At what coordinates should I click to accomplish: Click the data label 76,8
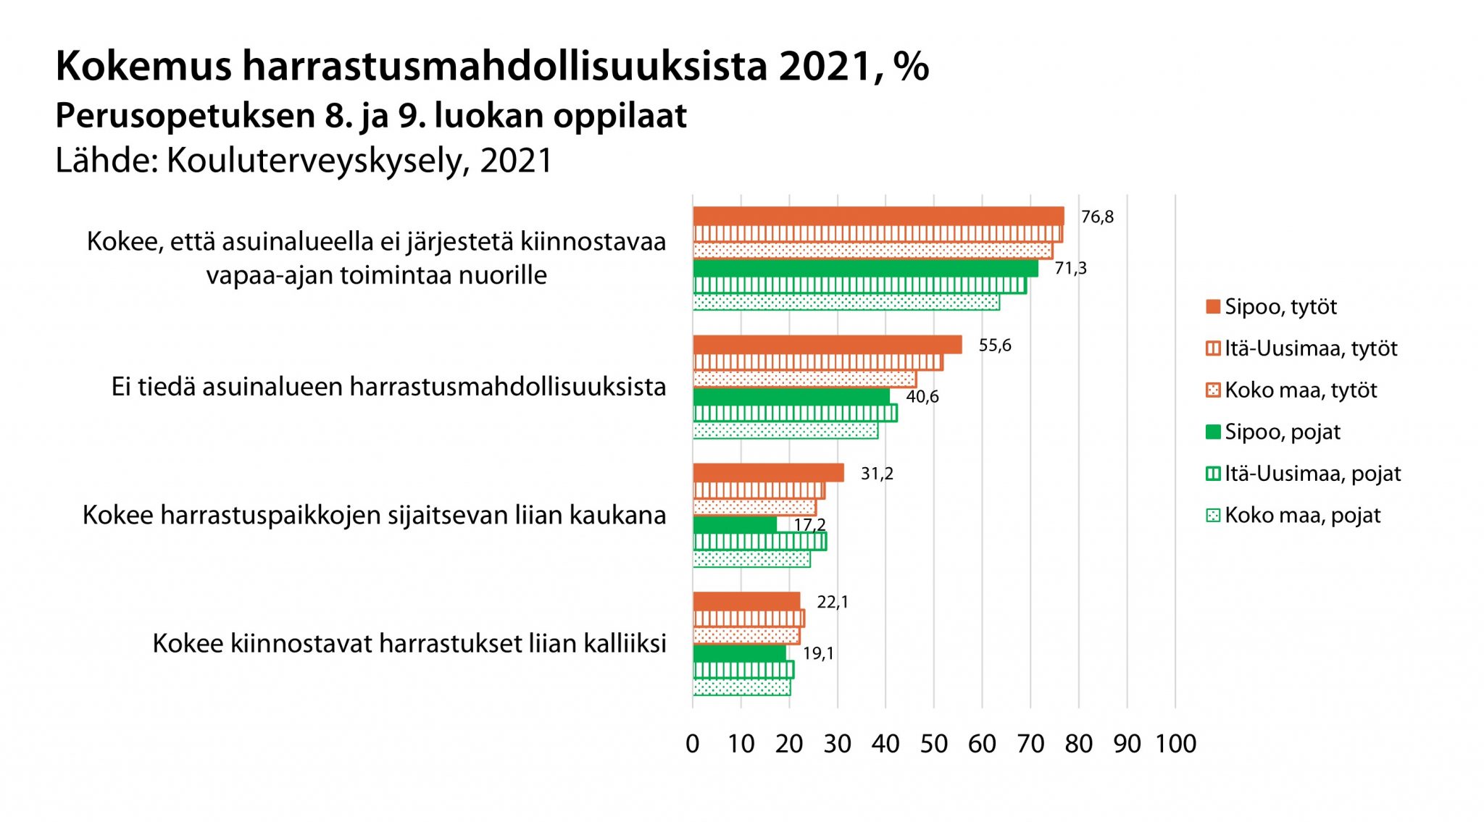click(x=1097, y=217)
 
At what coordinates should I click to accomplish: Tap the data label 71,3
click(x=1070, y=269)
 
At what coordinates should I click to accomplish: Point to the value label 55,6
click(x=994, y=345)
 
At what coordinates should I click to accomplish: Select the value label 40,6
click(x=922, y=397)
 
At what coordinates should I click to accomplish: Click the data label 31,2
click(x=877, y=474)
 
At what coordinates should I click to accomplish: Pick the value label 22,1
click(x=832, y=602)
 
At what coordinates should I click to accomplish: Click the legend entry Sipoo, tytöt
click(x=1280, y=307)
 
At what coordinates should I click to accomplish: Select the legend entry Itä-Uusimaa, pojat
click(x=1312, y=474)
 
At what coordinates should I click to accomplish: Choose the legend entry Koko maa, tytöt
click(x=1301, y=390)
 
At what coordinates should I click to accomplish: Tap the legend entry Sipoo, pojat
click(x=1282, y=432)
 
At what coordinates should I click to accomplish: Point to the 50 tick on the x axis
click(x=933, y=744)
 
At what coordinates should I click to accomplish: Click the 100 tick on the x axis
click(x=1175, y=744)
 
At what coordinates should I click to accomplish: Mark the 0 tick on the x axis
click(x=693, y=744)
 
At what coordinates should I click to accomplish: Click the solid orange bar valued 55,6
click(x=827, y=345)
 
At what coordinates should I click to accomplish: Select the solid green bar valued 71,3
click(x=865, y=269)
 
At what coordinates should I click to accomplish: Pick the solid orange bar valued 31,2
click(x=768, y=473)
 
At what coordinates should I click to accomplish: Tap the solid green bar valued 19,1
click(x=739, y=653)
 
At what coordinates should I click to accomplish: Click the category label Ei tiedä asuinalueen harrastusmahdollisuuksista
click(x=388, y=387)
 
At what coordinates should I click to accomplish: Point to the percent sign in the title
click(x=911, y=67)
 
